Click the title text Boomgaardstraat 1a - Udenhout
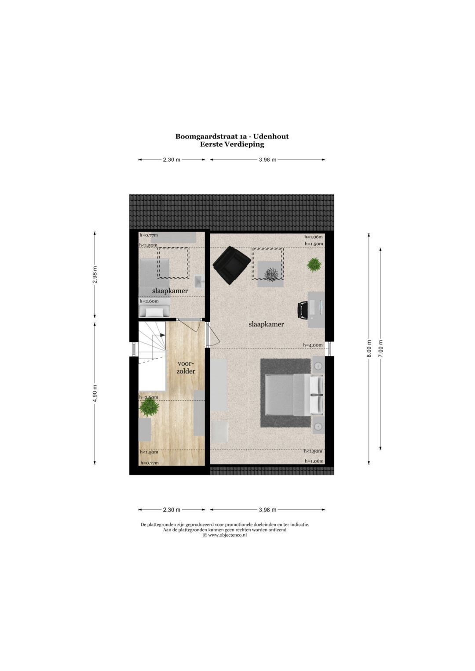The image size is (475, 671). pos(232,136)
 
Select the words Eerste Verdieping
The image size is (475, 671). pos(232,144)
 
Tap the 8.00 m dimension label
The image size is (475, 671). pos(369,348)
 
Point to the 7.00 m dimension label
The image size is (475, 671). pos(381,348)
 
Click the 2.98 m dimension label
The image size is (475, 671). pos(95,275)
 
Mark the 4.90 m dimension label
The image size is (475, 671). pos(95,392)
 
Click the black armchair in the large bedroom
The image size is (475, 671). pos(231,265)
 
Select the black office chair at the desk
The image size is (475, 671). pos(303,310)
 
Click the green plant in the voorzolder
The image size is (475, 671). pos(149,407)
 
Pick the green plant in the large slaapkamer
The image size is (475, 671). pos(314,265)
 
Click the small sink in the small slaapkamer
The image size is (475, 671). pos(199,281)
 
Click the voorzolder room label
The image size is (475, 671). pos(186,367)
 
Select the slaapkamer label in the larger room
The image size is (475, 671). pos(266,324)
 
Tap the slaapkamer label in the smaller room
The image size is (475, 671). pos(170,291)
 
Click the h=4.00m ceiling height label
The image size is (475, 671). pos(313,345)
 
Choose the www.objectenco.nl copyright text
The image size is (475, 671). pos(225,535)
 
